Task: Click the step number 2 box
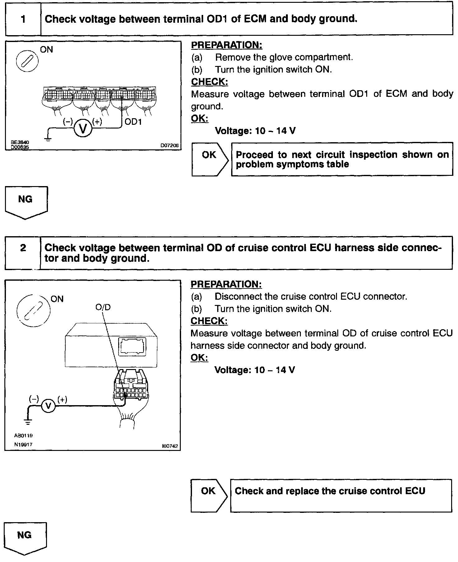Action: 23,252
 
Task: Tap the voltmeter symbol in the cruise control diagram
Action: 48,406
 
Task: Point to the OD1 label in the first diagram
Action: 133,122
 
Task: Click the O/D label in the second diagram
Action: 103,307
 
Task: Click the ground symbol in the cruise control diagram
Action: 28,422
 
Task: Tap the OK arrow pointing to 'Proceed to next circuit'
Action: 210,159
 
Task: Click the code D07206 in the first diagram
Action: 170,145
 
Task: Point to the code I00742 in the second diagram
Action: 170,446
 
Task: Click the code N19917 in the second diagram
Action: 23,444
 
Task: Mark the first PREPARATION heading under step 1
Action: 227,45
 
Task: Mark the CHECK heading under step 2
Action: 209,321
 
